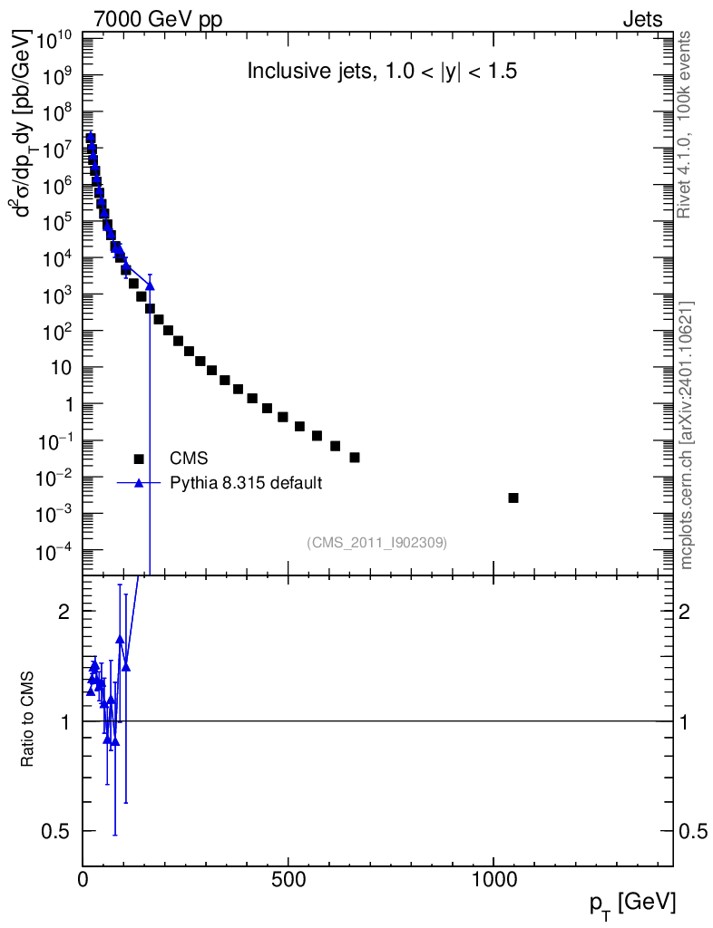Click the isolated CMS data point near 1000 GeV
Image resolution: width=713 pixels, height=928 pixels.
[513, 498]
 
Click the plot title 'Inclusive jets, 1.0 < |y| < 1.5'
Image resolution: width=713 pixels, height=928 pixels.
[382, 72]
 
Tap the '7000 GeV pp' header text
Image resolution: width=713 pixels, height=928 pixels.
[157, 19]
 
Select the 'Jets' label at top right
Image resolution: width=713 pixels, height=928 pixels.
[641, 19]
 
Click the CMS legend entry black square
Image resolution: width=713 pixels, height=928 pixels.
[139, 459]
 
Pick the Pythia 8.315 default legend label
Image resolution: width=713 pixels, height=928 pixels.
[246, 483]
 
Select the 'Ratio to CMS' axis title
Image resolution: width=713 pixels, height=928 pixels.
[28, 720]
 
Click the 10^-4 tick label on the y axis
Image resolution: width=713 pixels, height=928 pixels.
[55, 551]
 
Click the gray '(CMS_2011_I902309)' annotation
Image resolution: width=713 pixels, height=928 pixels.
[376, 542]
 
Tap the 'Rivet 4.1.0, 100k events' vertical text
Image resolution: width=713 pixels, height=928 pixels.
[685, 123]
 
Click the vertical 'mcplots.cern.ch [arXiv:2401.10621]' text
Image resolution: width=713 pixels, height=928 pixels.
[687, 435]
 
